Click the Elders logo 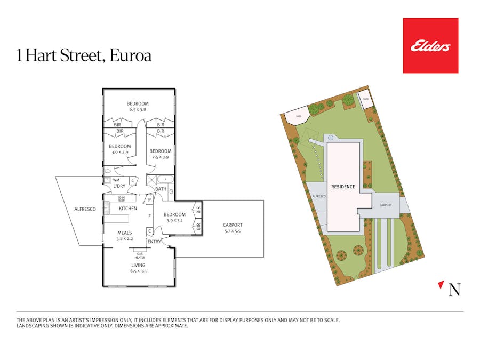[x=430, y=46]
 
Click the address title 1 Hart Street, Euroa [x=84, y=56]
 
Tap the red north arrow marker [x=441, y=285]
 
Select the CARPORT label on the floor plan [x=233, y=225]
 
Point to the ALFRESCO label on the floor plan [x=85, y=209]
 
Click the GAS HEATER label [x=140, y=255]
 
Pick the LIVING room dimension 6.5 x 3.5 [x=138, y=271]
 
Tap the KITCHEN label [x=128, y=209]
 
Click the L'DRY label [x=119, y=186]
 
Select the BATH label [x=161, y=189]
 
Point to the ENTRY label [x=154, y=242]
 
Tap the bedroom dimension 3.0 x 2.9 [x=120, y=152]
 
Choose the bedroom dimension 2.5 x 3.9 [x=161, y=157]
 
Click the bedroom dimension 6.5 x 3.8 [x=138, y=109]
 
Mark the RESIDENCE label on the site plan [x=343, y=187]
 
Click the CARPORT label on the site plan [x=386, y=205]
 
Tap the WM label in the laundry [x=116, y=180]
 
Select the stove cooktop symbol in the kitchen [x=122, y=199]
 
